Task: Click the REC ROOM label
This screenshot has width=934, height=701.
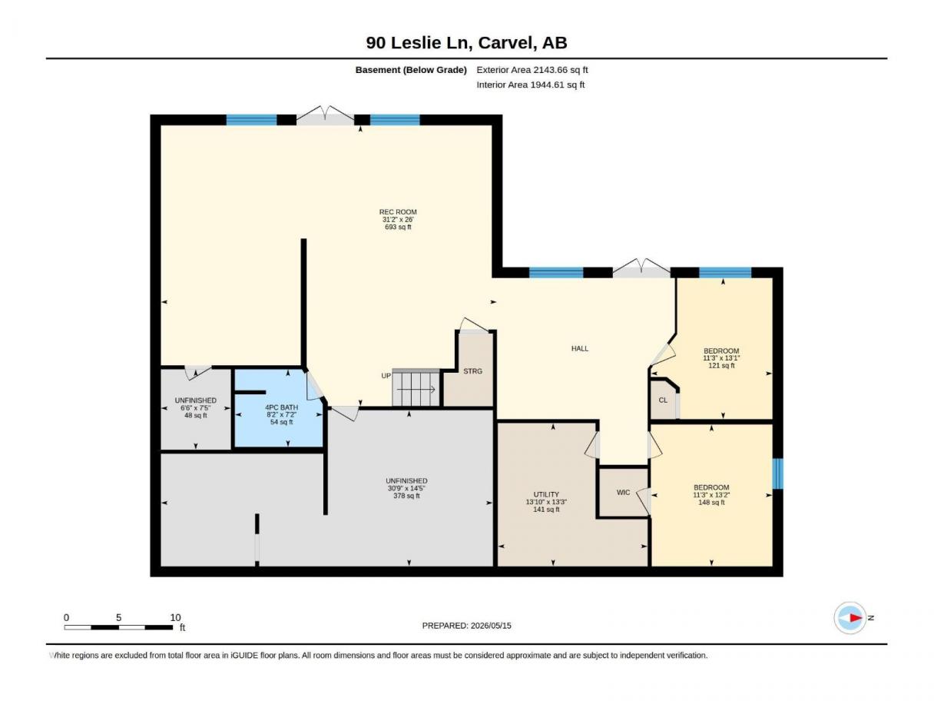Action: tap(398, 212)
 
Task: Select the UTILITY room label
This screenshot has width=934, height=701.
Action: tap(546, 494)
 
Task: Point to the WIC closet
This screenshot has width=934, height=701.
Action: tap(623, 493)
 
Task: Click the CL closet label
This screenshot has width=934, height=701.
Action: tap(663, 400)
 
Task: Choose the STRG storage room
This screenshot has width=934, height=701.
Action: tap(473, 371)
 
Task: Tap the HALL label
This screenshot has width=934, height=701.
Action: tap(580, 349)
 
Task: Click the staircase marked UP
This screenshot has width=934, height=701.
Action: tap(416, 387)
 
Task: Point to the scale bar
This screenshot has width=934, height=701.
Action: tap(119, 627)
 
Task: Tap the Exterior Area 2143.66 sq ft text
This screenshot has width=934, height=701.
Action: tap(532, 70)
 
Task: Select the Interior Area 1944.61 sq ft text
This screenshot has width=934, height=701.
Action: tap(530, 85)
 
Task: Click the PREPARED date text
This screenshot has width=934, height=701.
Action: tap(466, 626)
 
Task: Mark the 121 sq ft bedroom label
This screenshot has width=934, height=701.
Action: tap(721, 365)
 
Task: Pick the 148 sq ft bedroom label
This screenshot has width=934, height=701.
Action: tap(711, 502)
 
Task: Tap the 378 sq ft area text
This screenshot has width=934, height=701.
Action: tap(406, 496)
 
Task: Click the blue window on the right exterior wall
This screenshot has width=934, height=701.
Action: tap(777, 473)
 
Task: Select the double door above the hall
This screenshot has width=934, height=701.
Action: tap(641, 268)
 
